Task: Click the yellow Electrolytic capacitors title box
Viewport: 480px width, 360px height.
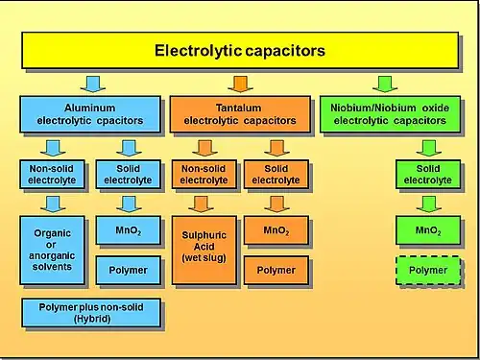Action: click(x=240, y=50)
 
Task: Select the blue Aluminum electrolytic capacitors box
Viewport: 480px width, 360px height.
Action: click(x=90, y=114)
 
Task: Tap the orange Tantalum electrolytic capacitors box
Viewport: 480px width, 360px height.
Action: click(x=240, y=114)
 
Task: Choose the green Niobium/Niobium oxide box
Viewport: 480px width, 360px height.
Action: click(x=390, y=114)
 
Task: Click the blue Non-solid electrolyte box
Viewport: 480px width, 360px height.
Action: click(x=52, y=175)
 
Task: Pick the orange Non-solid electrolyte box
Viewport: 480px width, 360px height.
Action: click(x=204, y=175)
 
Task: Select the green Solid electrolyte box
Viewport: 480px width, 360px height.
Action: click(x=428, y=175)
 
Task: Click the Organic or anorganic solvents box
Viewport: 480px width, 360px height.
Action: click(x=52, y=251)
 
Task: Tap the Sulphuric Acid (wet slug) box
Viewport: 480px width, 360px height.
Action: click(x=204, y=251)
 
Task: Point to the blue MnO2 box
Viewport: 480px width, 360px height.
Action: click(x=129, y=230)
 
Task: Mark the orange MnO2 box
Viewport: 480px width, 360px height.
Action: click(x=276, y=230)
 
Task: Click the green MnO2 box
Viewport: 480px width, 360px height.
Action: click(x=428, y=230)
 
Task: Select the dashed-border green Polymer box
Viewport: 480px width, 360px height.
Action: click(x=428, y=271)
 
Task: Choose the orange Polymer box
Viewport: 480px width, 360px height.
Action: click(x=276, y=271)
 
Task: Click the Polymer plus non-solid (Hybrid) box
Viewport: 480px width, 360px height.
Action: click(x=91, y=313)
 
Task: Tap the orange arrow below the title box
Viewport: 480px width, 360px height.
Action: click(x=241, y=84)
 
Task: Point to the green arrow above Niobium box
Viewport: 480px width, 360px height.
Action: click(x=385, y=84)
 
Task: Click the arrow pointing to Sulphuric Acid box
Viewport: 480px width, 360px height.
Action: click(x=201, y=204)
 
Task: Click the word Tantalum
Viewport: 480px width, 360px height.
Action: click(x=238, y=108)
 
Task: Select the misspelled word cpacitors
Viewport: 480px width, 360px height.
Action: click(x=120, y=121)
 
